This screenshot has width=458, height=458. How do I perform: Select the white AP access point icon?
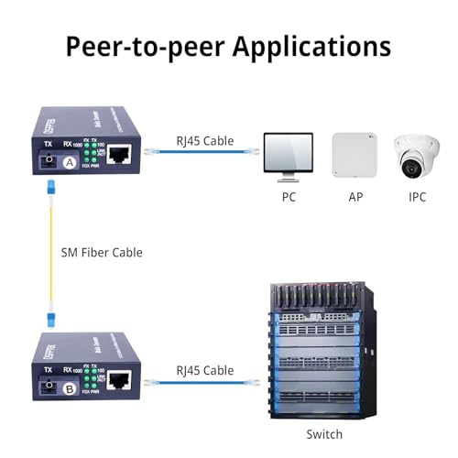click(x=354, y=155)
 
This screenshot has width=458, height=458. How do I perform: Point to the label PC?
click(x=289, y=197)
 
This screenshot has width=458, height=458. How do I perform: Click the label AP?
click(x=355, y=197)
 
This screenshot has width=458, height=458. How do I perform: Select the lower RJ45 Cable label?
click(x=204, y=369)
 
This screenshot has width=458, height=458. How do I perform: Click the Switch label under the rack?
click(x=324, y=433)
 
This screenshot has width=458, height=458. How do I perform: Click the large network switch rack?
click(x=324, y=347)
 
